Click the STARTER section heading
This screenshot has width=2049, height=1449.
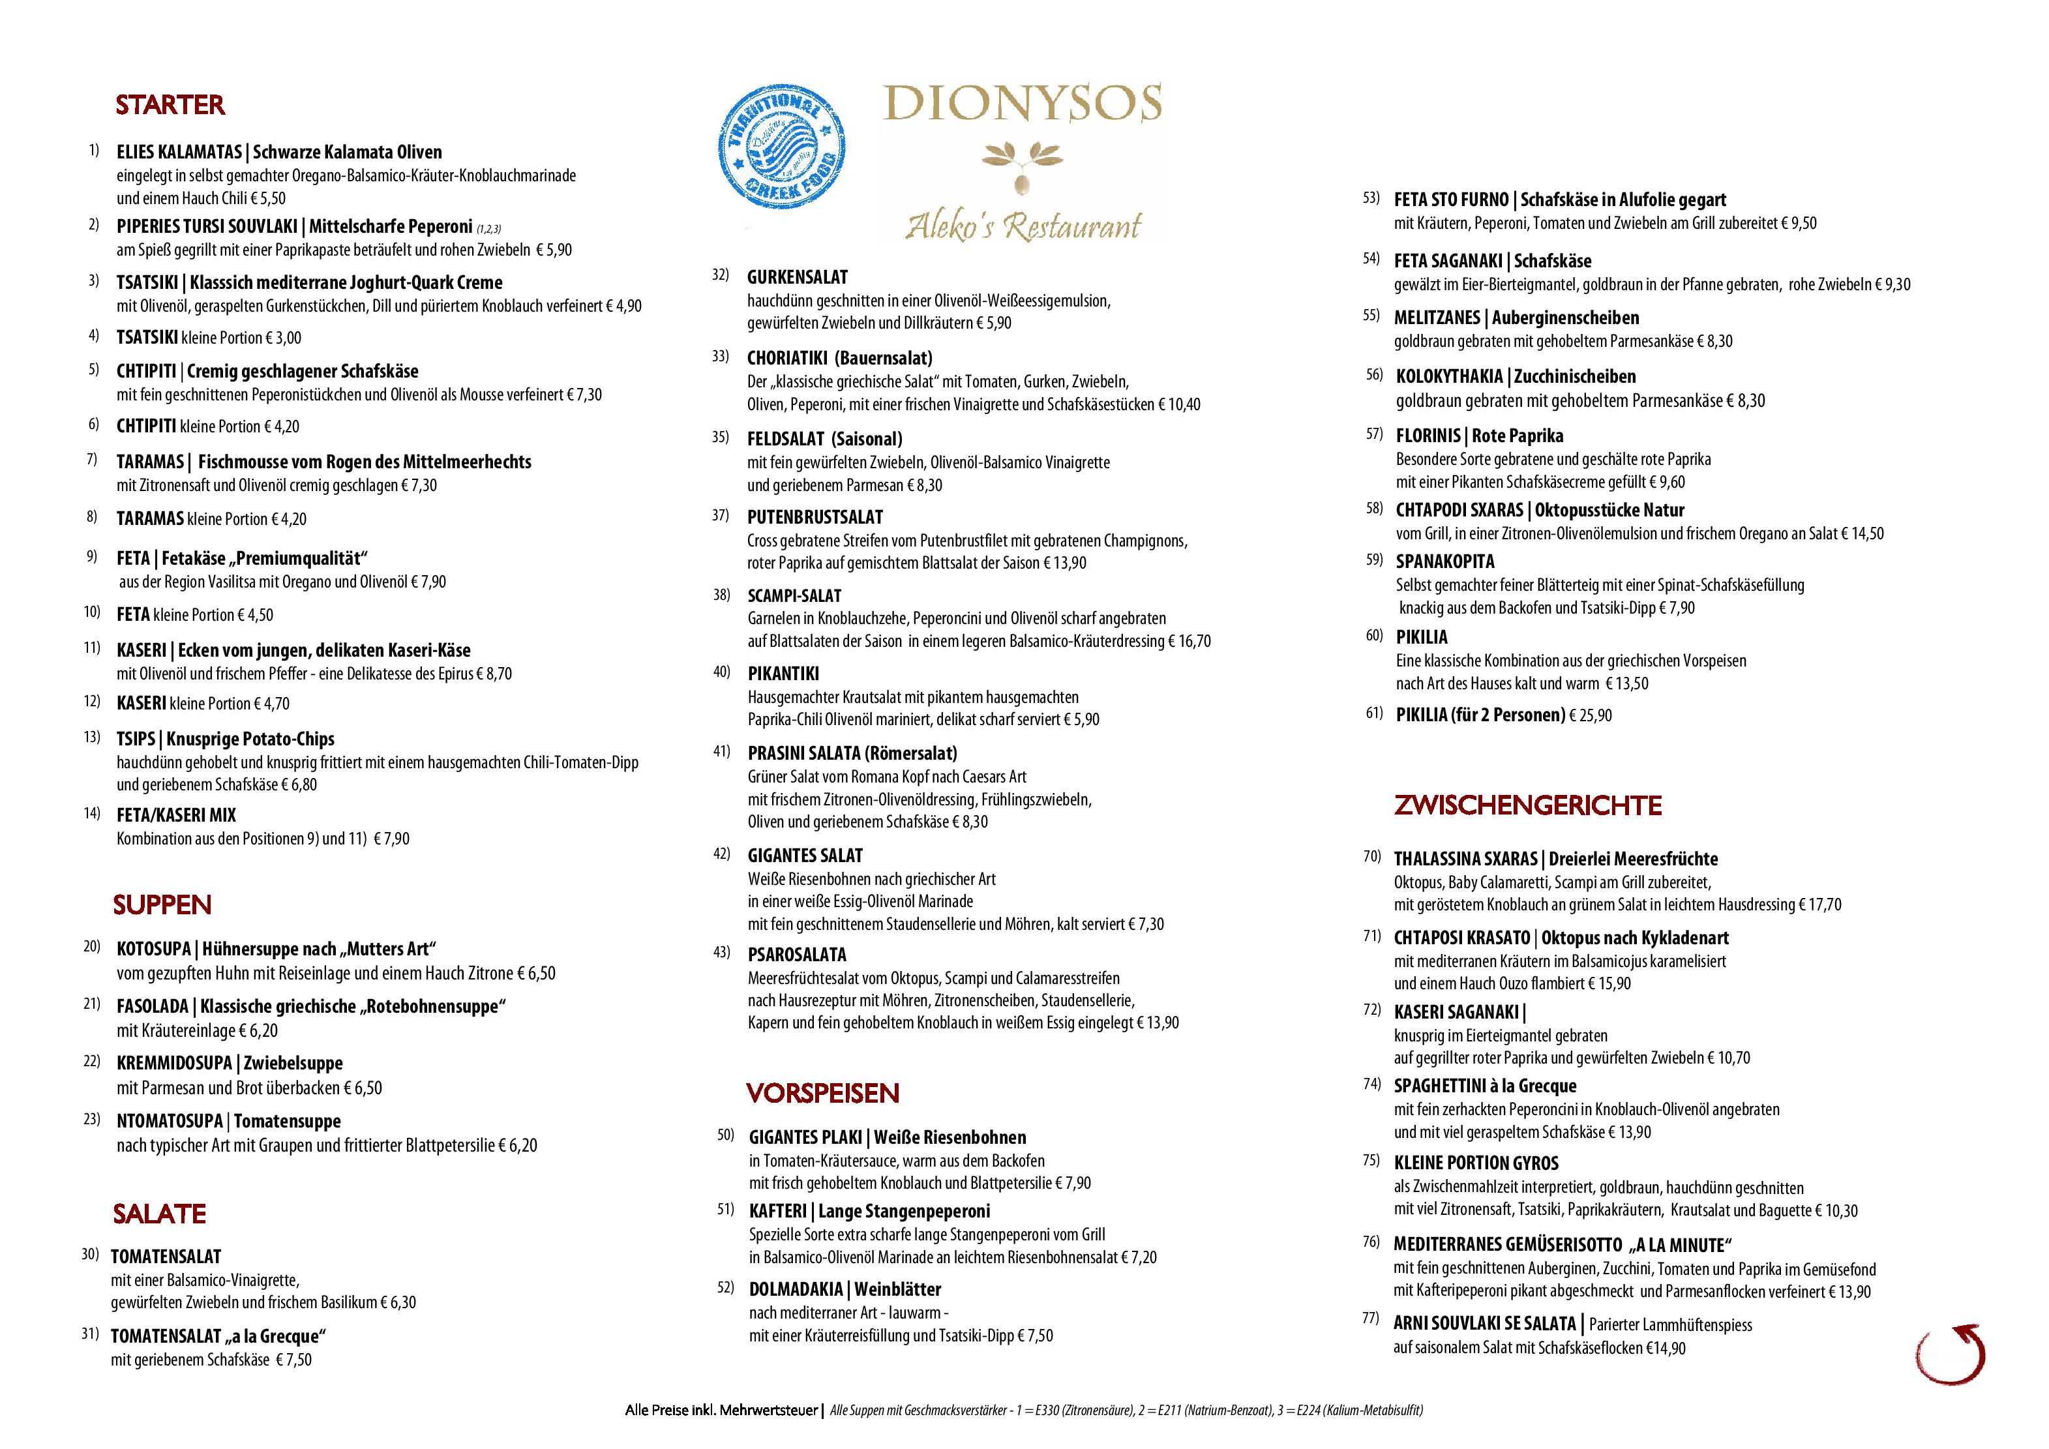(170, 105)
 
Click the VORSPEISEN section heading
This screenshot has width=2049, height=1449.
(822, 1093)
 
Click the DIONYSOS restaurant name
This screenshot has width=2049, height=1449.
(1022, 104)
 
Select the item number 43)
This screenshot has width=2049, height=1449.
(721, 952)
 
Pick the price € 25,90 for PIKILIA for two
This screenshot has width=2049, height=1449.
(1591, 715)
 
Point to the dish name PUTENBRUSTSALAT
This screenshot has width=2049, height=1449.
(815, 518)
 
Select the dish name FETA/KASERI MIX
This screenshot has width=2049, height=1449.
(176, 816)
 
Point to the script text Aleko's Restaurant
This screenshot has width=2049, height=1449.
(1023, 225)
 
